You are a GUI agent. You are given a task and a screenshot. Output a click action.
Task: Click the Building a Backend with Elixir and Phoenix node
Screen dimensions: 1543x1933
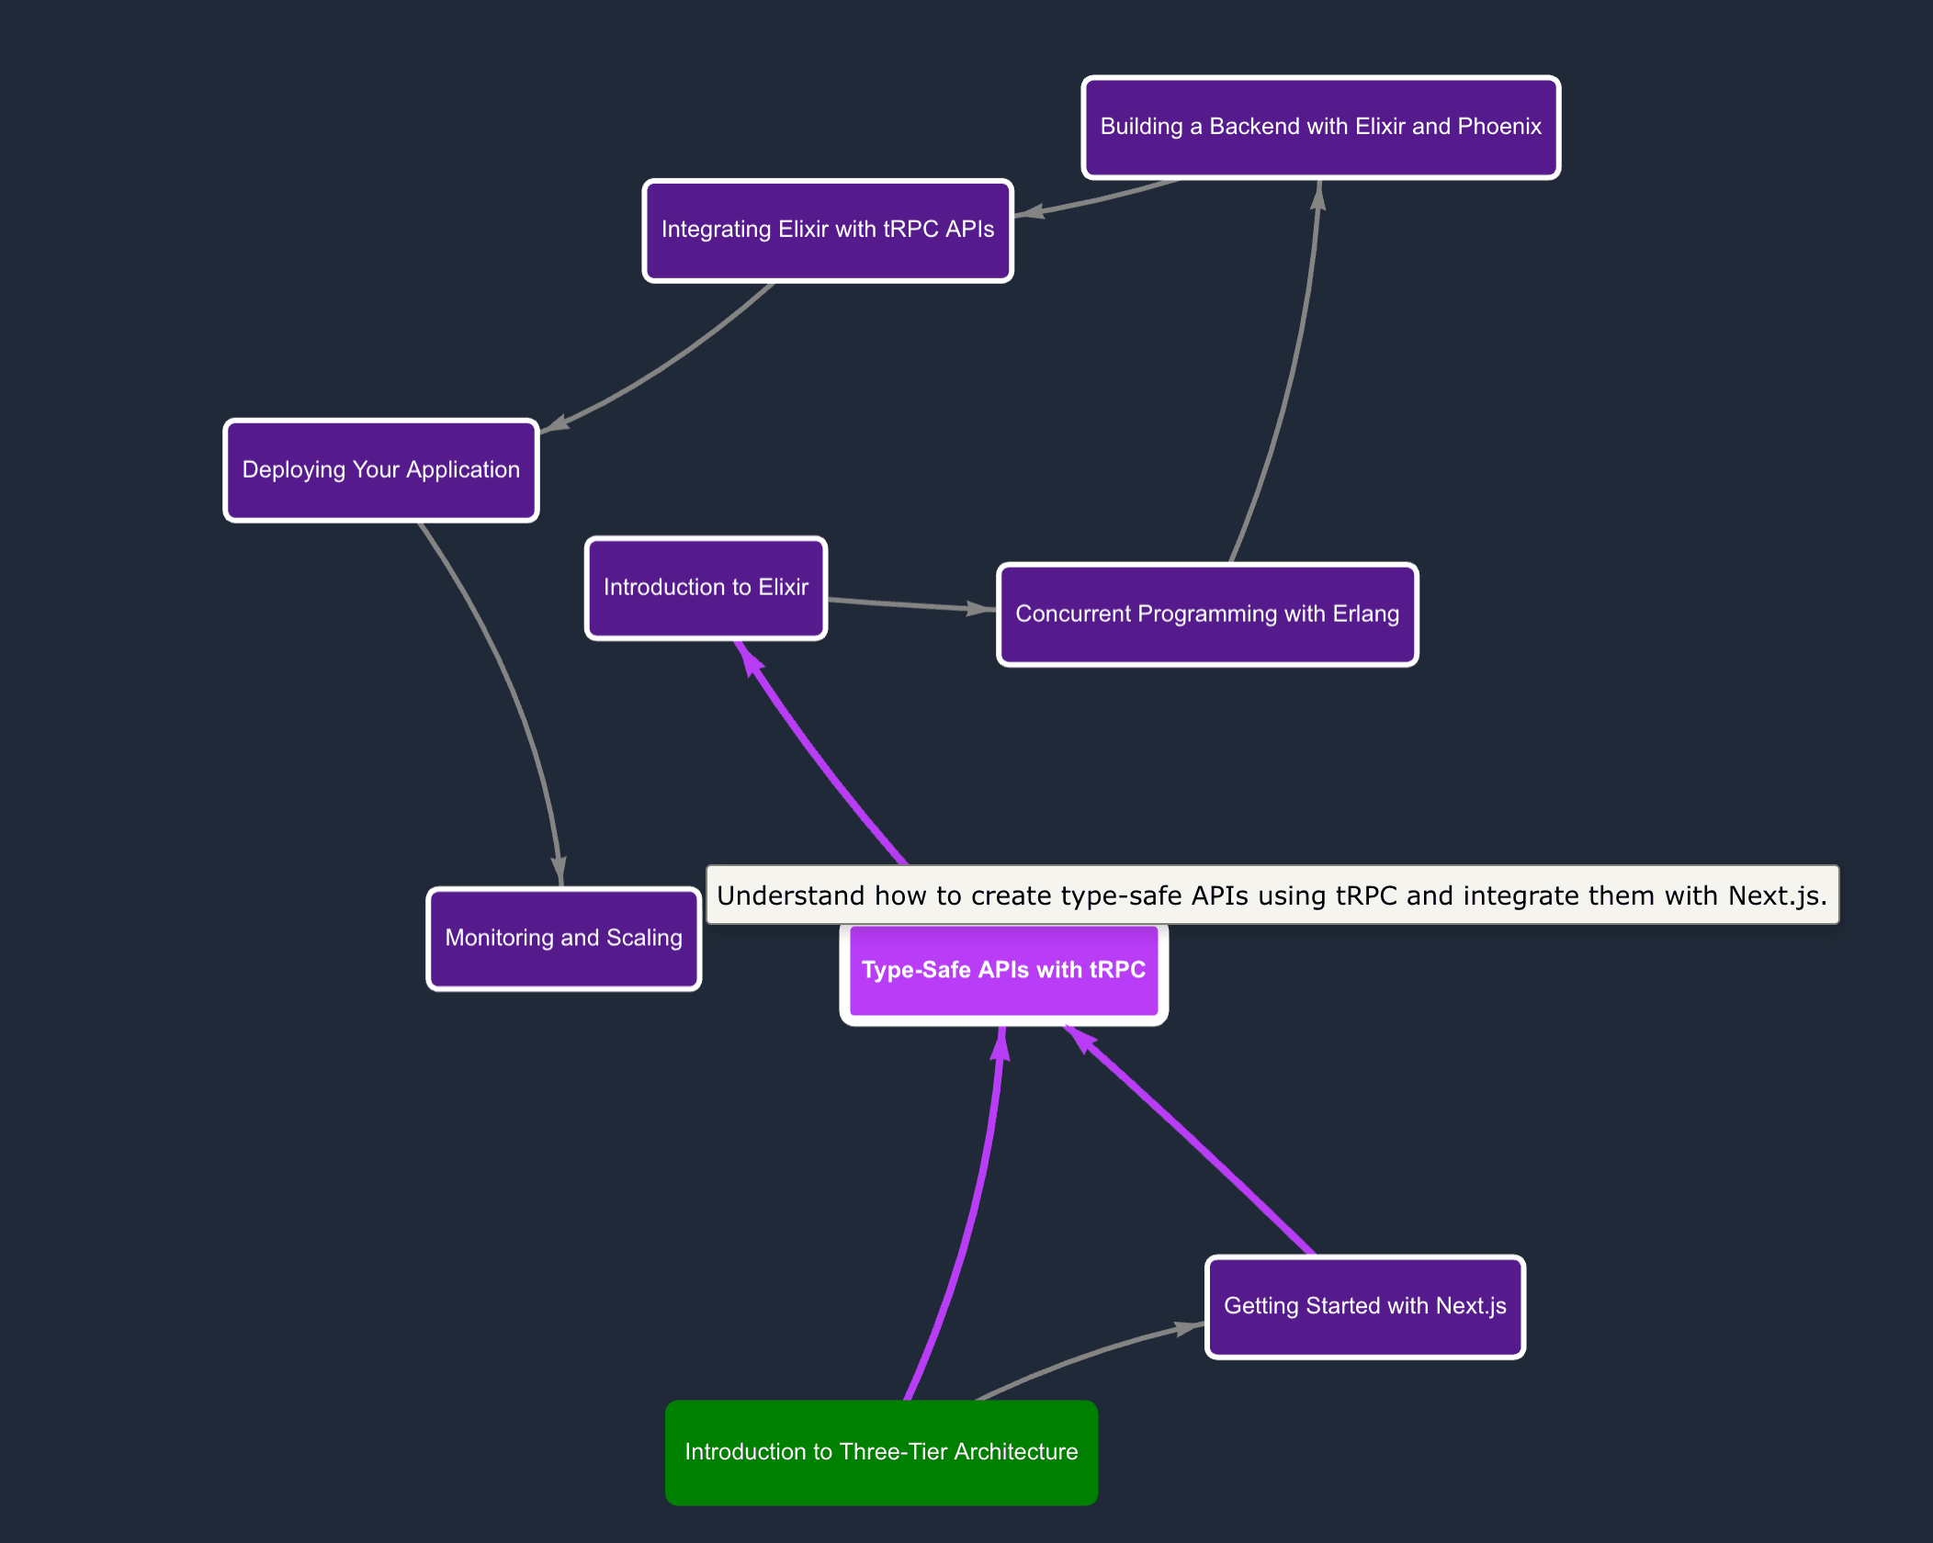pos(1320,127)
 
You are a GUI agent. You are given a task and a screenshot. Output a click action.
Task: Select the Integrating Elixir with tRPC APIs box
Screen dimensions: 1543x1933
pos(827,230)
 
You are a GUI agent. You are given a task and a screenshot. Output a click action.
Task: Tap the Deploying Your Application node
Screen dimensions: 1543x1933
pos(380,470)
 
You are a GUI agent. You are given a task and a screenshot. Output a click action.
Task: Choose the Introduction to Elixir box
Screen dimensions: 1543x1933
pos(706,588)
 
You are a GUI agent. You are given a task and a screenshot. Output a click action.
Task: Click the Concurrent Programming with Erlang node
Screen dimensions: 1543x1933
pos(1207,614)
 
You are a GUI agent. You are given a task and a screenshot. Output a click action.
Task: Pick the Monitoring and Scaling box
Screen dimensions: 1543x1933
pos(563,938)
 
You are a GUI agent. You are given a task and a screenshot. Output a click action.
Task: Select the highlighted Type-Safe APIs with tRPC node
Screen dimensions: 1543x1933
pos(1003,971)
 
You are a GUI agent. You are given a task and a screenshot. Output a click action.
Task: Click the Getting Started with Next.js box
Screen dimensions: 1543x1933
pos(1364,1306)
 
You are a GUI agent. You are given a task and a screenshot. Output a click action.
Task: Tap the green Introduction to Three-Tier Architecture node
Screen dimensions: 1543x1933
pos(881,1452)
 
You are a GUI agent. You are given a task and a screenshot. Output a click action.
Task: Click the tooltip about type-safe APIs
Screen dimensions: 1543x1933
pos(1272,895)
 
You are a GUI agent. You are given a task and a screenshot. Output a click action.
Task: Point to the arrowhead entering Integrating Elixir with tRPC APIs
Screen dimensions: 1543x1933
pos(1030,212)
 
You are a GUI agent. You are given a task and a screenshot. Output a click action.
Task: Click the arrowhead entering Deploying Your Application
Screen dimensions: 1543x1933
pos(555,423)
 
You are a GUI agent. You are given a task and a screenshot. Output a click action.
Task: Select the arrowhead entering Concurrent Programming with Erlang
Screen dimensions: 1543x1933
pos(980,608)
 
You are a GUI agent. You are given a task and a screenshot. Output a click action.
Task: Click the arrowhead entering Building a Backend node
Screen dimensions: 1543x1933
pos(1317,195)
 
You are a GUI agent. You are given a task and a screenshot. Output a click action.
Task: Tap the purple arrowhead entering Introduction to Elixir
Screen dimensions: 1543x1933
pos(749,659)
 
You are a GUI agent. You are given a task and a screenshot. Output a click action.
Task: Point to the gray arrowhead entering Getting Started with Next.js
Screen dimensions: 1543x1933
pos(1187,1327)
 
